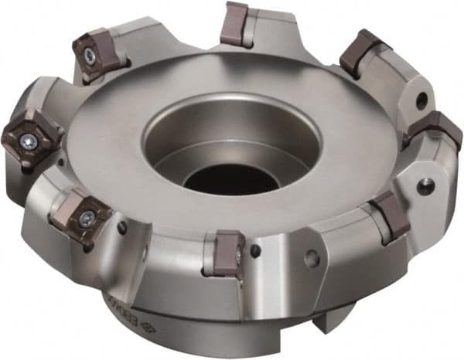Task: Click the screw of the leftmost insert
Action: point(29,140)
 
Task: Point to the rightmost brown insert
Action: point(437,127)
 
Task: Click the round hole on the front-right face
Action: point(312,258)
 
